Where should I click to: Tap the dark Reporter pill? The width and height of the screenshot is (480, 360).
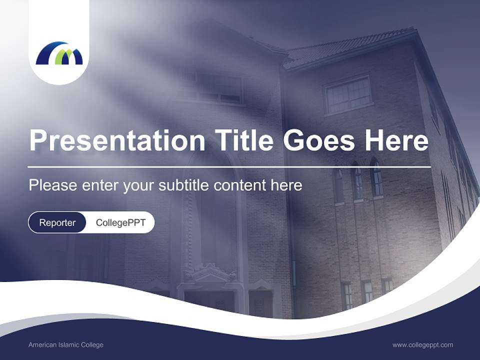click(x=57, y=222)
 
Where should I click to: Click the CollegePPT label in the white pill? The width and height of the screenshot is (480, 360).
click(x=120, y=222)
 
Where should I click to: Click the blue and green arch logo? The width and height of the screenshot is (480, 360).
click(x=59, y=53)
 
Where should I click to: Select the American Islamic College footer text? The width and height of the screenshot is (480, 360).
click(x=65, y=345)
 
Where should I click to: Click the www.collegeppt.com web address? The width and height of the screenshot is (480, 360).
click(x=422, y=345)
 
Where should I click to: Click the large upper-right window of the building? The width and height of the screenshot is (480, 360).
click(x=348, y=95)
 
